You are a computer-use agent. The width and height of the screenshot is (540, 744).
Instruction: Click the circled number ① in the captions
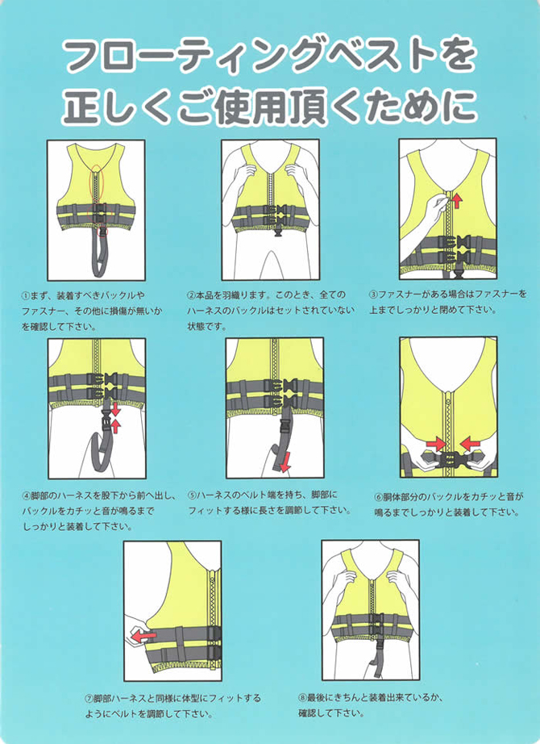(x=26, y=295)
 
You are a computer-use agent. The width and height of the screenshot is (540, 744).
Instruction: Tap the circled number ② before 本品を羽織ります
(x=192, y=295)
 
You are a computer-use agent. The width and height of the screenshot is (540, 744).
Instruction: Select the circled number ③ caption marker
(x=374, y=295)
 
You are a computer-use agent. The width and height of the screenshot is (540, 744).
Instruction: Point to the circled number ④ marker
(x=27, y=495)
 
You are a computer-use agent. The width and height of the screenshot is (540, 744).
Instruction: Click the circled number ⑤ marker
(x=192, y=495)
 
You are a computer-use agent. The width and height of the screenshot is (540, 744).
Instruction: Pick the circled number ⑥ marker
(x=378, y=497)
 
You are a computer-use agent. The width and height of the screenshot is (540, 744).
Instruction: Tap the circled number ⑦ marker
(x=89, y=699)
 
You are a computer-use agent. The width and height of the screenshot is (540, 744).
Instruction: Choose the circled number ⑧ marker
(x=302, y=697)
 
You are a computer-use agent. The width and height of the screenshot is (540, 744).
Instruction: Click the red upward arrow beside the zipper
(x=457, y=200)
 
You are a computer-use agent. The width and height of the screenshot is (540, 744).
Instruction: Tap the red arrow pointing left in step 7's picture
(x=143, y=635)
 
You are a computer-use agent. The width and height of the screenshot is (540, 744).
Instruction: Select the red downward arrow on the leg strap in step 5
(x=285, y=463)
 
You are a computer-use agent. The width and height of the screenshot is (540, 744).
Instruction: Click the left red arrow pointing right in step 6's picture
(x=436, y=444)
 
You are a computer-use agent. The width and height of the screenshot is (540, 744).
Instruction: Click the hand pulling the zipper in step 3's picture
(x=434, y=211)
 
